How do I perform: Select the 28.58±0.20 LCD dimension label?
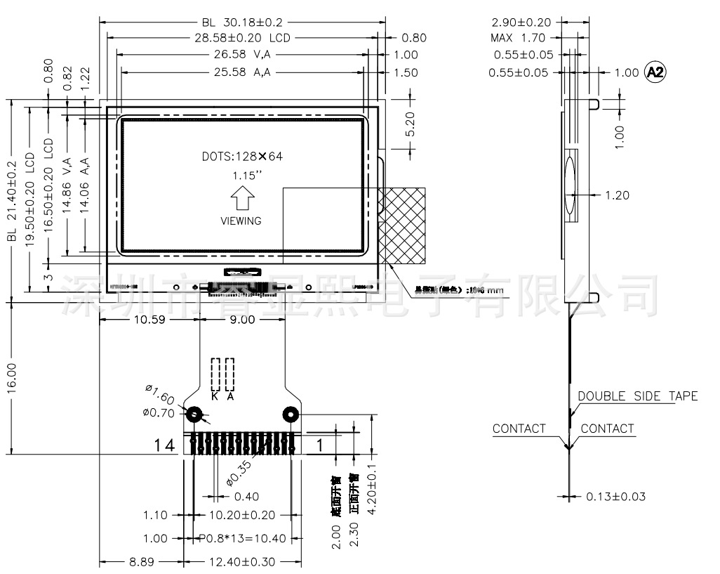[x=242, y=38]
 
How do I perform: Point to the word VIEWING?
[x=241, y=221]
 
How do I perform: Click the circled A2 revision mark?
[x=655, y=72]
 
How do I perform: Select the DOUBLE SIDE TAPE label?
[x=637, y=396]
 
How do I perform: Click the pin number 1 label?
[x=319, y=445]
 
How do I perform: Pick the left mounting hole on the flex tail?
[x=192, y=415]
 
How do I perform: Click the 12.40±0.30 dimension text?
[x=240, y=562]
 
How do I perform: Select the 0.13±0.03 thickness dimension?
[x=615, y=497]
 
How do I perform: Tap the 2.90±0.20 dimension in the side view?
[x=521, y=22]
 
